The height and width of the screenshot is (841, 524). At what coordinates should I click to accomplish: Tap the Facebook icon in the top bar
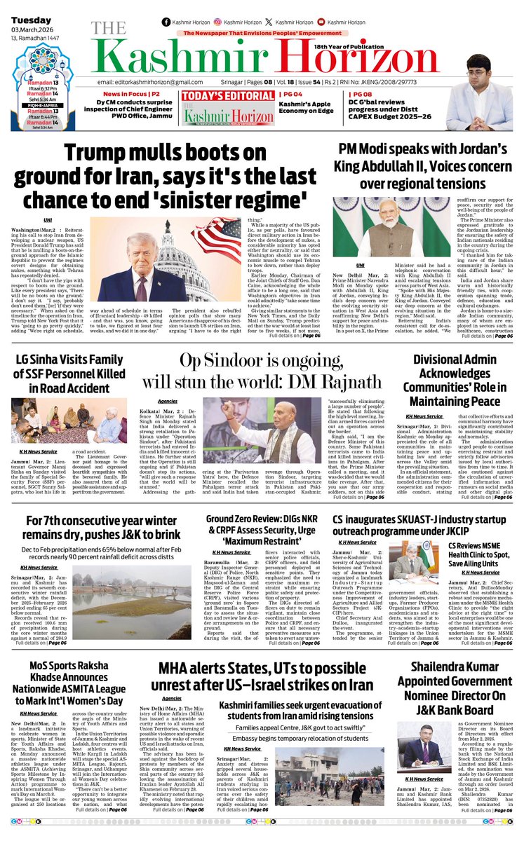(x=166, y=22)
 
